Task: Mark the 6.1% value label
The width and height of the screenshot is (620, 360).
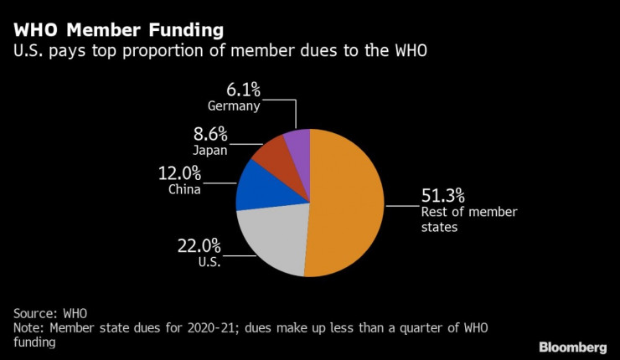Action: click(x=245, y=90)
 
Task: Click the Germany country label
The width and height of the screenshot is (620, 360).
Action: click(x=235, y=106)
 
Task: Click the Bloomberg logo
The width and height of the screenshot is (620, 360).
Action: click(x=573, y=347)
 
